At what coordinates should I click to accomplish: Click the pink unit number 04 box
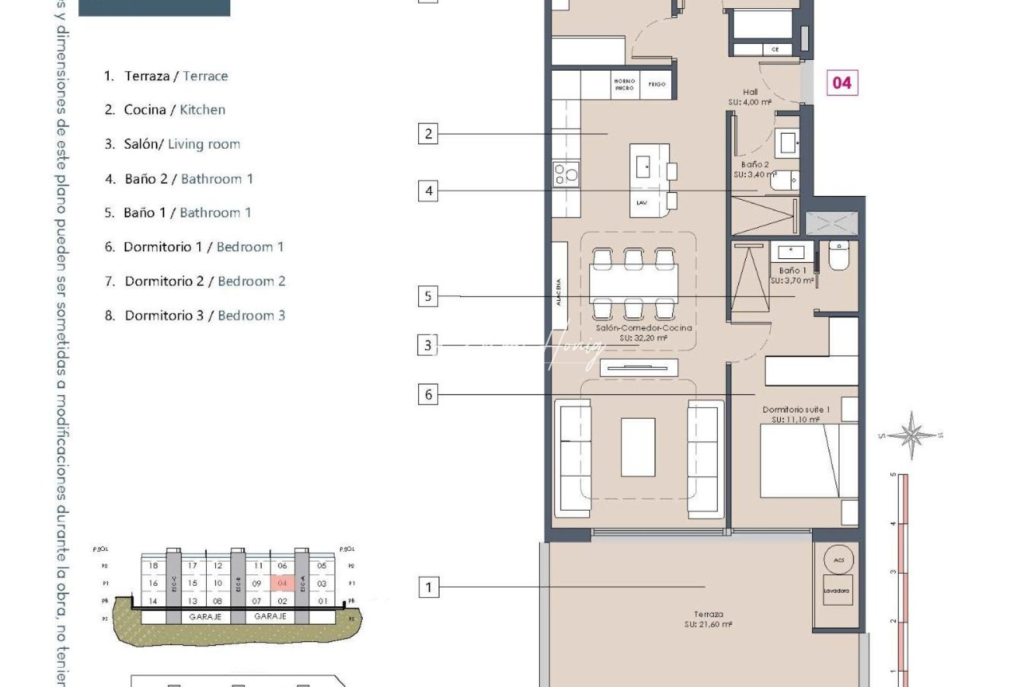coord(841,83)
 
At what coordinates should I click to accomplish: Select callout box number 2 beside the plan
coord(428,134)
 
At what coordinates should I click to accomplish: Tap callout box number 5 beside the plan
coord(428,296)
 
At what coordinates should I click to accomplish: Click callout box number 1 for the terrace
coord(428,587)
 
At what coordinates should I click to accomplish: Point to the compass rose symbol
coord(911,435)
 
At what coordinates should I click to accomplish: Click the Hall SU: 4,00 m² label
coord(750,97)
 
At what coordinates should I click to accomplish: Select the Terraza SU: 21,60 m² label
coord(708,619)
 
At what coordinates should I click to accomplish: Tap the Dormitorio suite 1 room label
coord(796,414)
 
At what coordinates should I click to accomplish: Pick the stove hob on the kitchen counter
coord(566,173)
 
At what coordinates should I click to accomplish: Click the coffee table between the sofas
coord(638,447)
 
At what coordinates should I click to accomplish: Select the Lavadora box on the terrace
coord(836,591)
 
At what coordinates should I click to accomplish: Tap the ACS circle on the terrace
coord(838,560)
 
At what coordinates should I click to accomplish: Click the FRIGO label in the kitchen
coord(657,84)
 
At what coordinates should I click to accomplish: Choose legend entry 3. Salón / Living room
coord(172,144)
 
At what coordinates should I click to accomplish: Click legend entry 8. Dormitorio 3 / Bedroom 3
coord(195,316)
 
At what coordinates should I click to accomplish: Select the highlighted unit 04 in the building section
coord(283,583)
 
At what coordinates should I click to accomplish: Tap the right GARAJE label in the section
coord(270,616)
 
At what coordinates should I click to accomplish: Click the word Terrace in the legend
coord(205,76)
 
